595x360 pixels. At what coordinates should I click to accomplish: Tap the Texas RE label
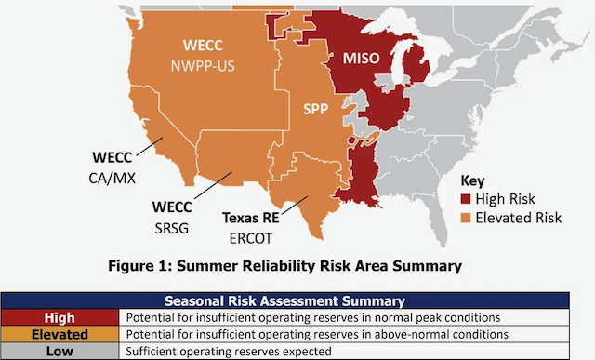click(251, 217)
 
